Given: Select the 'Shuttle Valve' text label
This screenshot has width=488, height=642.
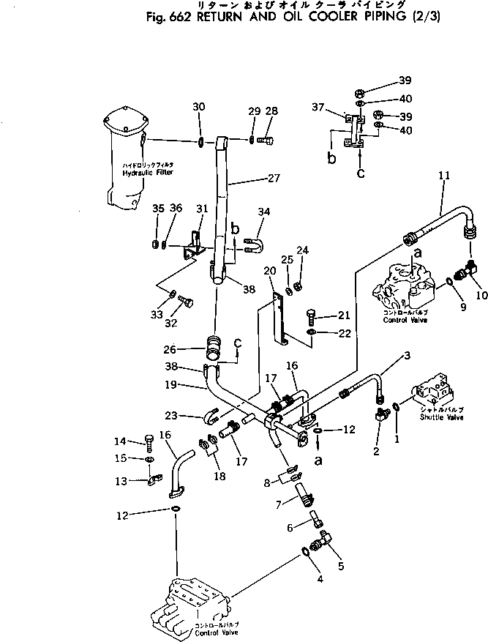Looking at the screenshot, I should pos(442,417).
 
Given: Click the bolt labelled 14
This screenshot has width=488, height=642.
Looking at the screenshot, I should pos(149,441).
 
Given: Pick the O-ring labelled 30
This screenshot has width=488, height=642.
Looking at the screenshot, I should pos(200,141).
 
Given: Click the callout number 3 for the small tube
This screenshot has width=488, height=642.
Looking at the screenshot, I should pos(406,355).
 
